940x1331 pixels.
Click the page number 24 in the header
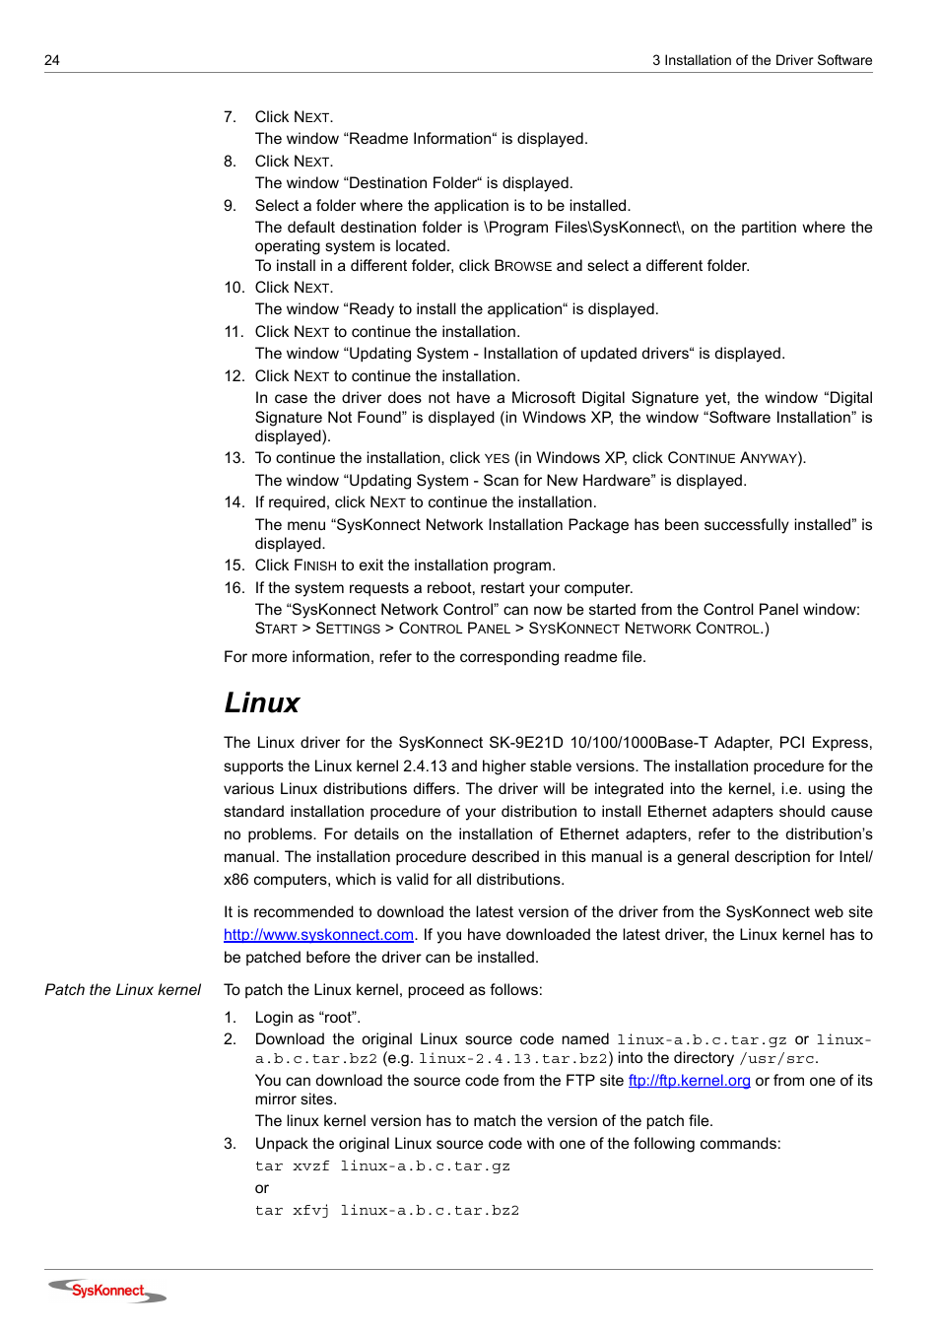[x=52, y=60]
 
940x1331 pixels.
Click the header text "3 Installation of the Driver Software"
[x=762, y=60]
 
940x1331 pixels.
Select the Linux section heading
[x=261, y=702]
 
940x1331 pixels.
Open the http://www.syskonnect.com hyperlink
[x=318, y=935]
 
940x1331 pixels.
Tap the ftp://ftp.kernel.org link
[x=689, y=1081]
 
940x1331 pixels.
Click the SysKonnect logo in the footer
[x=107, y=1291]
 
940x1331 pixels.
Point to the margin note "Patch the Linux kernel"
[x=122, y=990]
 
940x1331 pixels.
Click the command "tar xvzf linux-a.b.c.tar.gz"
[x=382, y=1166]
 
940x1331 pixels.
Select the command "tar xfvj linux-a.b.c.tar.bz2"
[x=386, y=1211]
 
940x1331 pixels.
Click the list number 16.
[x=234, y=588]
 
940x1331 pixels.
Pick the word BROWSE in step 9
[x=522, y=266]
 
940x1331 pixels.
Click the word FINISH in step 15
[x=314, y=566]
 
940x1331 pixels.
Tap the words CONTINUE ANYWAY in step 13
[x=734, y=458]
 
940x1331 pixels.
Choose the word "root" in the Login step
[x=339, y=1018]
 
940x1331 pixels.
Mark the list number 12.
[x=234, y=376]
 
